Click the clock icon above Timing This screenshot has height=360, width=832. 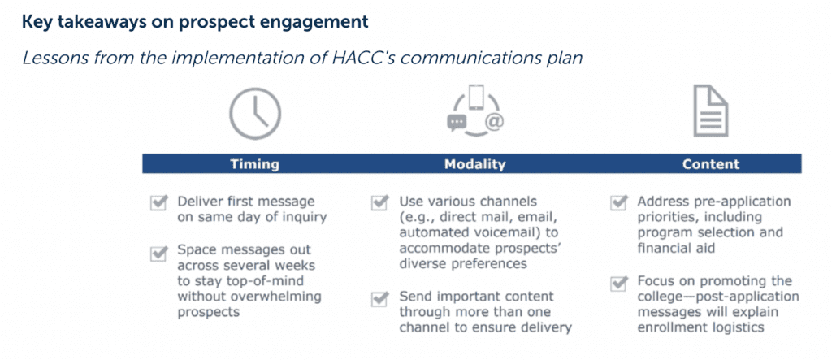(254, 114)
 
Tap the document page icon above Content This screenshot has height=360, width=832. (711, 111)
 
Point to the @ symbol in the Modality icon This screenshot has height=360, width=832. (493, 122)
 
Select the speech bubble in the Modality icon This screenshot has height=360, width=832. (457, 123)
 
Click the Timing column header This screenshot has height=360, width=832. (254, 164)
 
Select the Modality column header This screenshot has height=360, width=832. (474, 164)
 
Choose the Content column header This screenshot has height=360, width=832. (711, 164)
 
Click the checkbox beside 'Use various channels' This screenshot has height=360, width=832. (380, 203)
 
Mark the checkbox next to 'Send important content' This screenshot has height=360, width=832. (380, 298)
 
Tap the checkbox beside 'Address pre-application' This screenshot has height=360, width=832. (618, 203)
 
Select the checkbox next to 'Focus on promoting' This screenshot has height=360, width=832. (618, 283)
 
